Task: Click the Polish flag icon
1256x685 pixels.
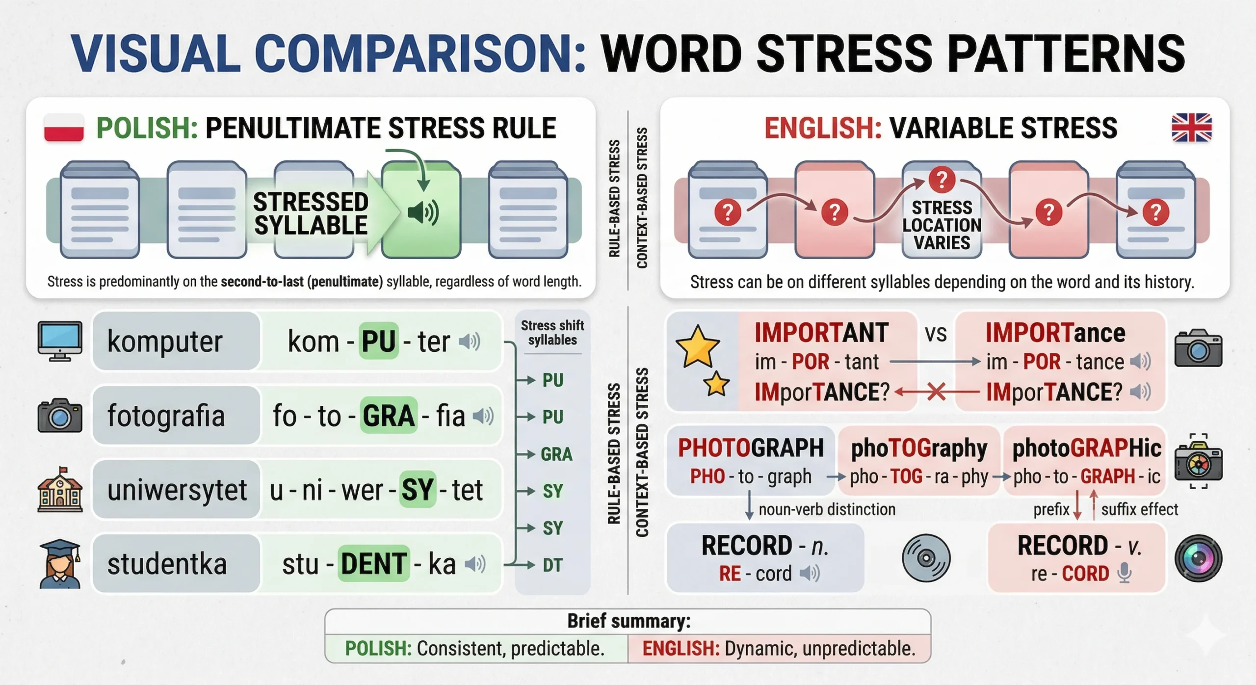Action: tap(64, 128)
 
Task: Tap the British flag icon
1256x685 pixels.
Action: tap(1191, 128)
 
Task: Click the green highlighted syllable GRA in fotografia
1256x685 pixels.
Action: tap(389, 416)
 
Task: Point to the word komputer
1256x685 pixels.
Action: tap(165, 342)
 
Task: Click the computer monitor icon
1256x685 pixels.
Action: tap(60, 342)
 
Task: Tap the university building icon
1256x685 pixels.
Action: tap(60, 490)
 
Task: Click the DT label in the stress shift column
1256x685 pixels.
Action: tap(552, 565)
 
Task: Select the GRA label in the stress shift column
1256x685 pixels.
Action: tap(556, 454)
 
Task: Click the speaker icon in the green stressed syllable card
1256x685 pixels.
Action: tap(423, 212)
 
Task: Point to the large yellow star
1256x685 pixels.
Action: tap(698, 346)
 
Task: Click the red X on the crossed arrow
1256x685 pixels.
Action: tap(936, 392)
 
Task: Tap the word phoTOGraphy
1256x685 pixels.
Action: tap(919, 448)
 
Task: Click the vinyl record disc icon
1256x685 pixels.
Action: tap(926, 558)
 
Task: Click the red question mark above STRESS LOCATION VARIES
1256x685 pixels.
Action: tap(942, 180)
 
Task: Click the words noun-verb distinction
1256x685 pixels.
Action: tap(827, 509)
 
